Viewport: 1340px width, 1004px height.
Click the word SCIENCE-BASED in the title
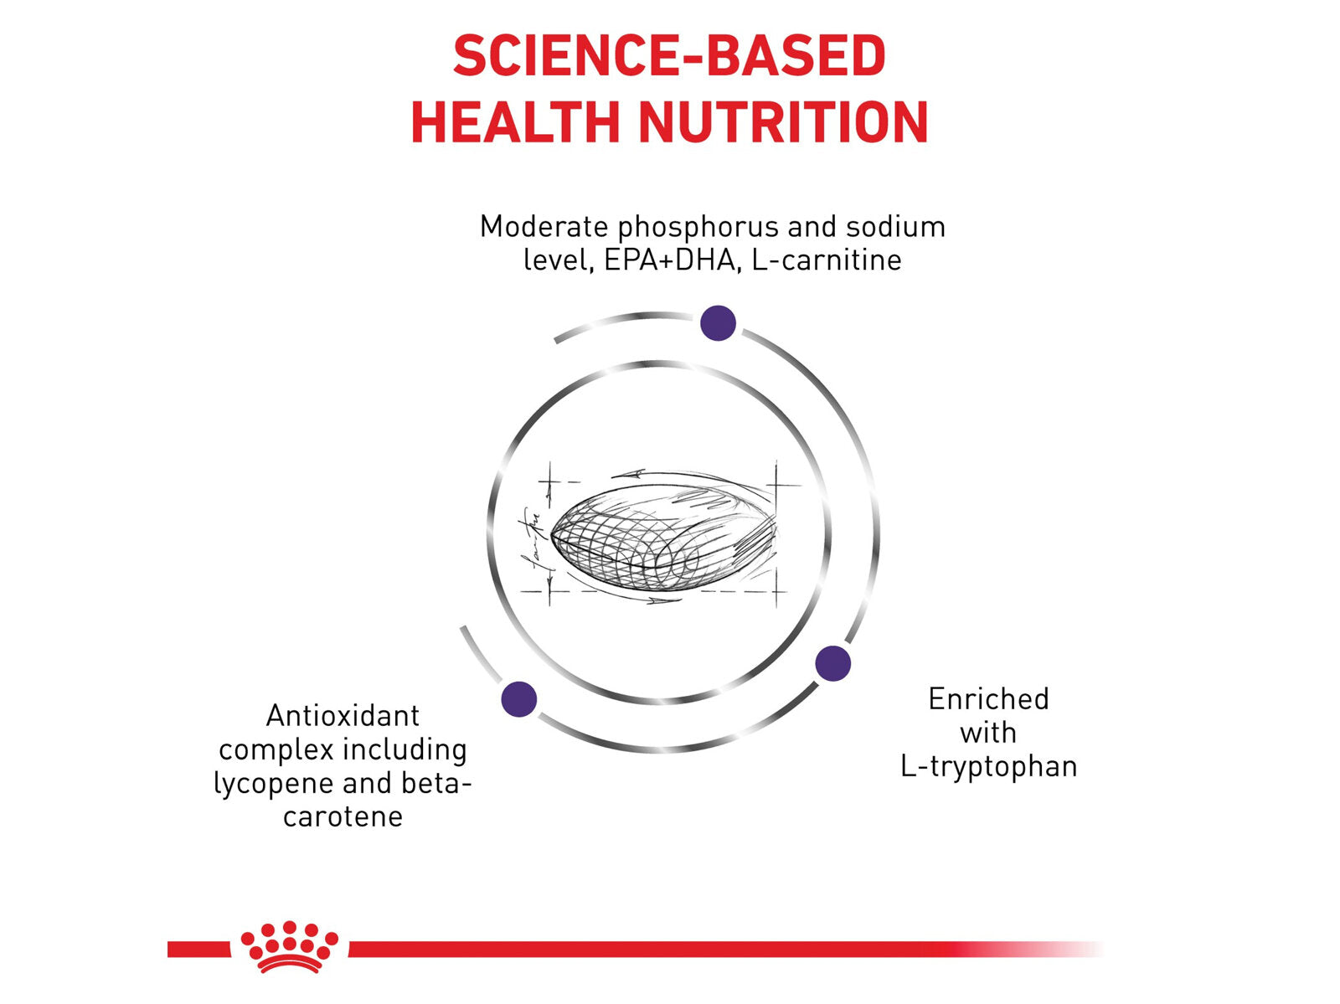point(669,55)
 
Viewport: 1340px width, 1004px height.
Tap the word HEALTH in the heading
point(515,122)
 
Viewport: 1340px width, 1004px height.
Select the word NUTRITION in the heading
point(783,122)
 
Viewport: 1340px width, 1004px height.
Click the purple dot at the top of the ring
point(718,323)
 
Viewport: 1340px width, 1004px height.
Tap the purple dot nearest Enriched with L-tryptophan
point(832,663)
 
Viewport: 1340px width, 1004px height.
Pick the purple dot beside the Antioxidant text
point(519,699)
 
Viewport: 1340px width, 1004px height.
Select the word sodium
point(895,226)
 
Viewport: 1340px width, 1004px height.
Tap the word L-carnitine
point(827,260)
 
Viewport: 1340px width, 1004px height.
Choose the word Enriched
point(988,699)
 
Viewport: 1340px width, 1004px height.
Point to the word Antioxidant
point(343,716)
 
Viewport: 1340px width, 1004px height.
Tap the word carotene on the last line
point(343,816)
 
